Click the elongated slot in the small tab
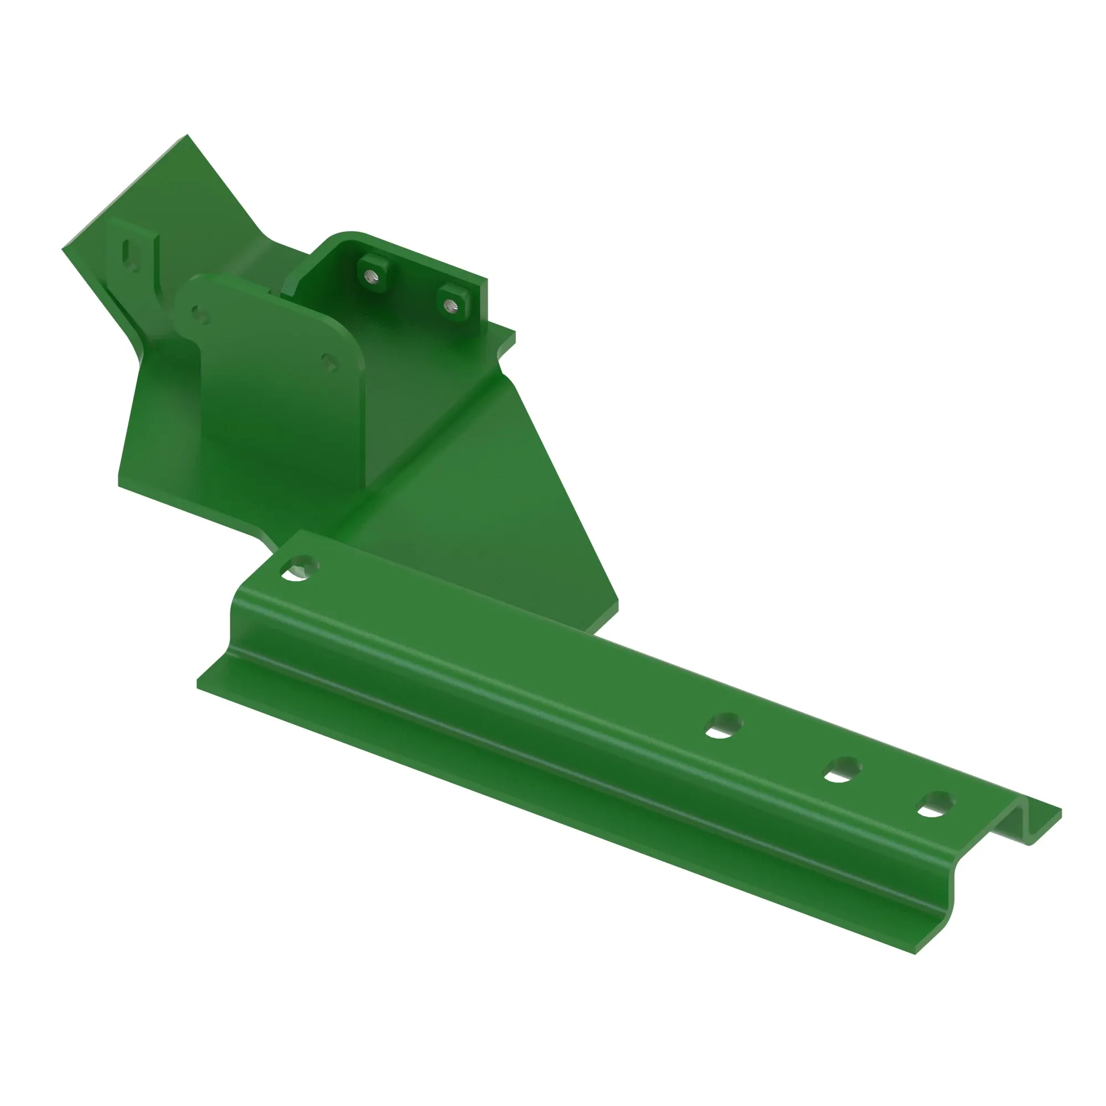132,253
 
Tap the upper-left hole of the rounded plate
199,314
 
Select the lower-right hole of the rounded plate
330,362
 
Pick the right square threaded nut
452,305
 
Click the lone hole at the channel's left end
300,568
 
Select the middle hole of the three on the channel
842,770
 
